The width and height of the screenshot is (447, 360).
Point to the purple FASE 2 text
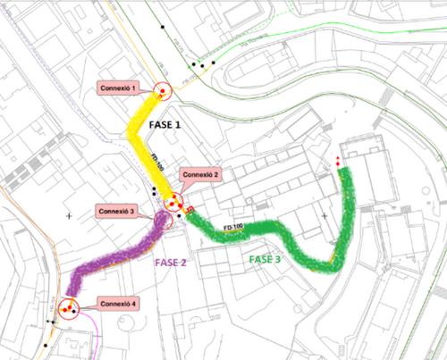tap(171, 263)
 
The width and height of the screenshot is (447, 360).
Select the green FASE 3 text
tap(265, 259)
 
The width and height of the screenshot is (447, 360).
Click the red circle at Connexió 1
tap(162, 90)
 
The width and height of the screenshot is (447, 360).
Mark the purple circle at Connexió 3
tap(164, 217)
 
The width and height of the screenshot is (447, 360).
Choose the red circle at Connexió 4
tap(69, 308)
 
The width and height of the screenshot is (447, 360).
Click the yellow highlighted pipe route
tap(143, 134)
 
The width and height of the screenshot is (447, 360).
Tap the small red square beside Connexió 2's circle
tap(190, 210)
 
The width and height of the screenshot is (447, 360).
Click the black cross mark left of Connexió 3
tap(69, 216)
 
